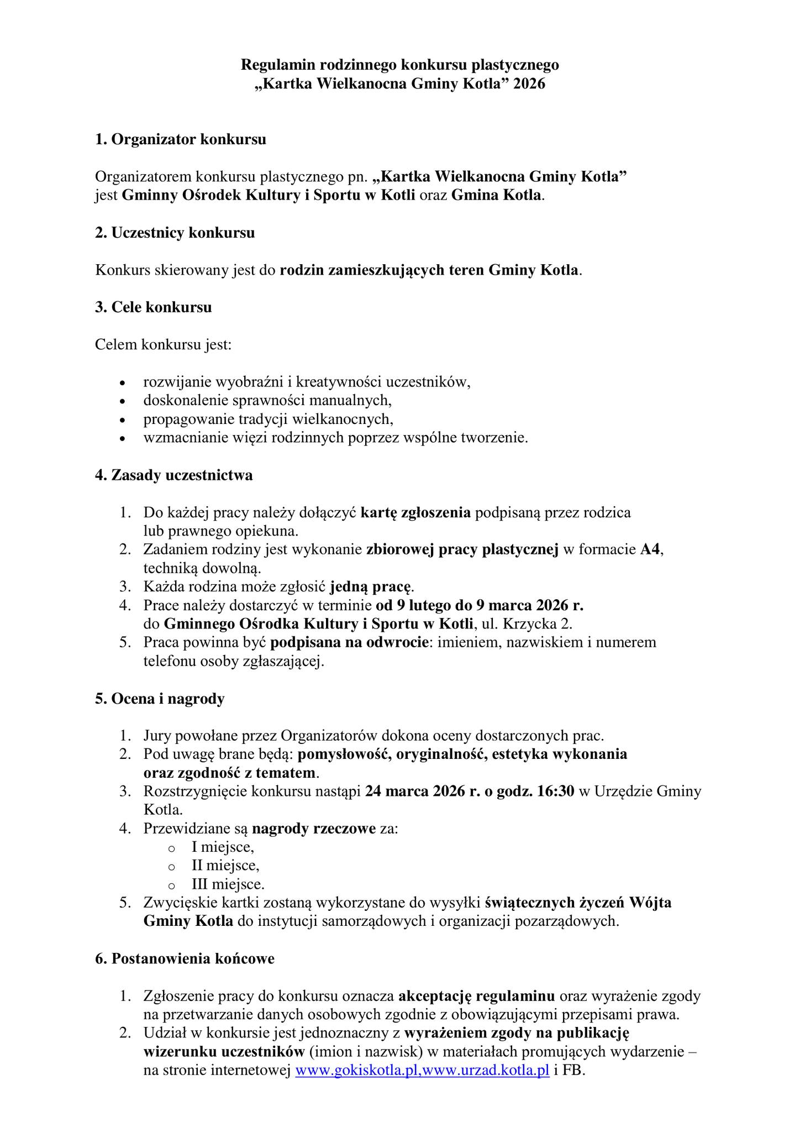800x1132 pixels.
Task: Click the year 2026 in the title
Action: point(529,84)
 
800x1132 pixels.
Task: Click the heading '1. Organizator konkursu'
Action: point(180,139)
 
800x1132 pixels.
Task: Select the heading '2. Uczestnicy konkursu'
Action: point(175,233)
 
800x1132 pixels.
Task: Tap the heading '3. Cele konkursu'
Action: point(153,307)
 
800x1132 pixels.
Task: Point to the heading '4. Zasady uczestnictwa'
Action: point(173,475)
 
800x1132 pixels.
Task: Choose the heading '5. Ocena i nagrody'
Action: point(160,699)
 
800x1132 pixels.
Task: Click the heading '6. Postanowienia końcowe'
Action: point(185,959)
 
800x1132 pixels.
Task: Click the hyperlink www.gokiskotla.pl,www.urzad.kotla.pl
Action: point(423,1070)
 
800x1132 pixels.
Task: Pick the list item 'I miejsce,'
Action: point(223,847)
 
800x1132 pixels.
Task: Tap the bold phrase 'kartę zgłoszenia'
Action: point(415,513)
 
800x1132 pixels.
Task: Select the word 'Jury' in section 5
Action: point(155,736)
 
